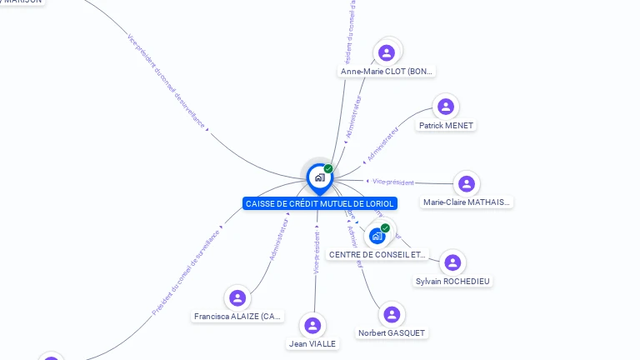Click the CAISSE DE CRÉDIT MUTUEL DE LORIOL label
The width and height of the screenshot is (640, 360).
point(320,203)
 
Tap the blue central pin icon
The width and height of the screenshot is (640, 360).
point(319,177)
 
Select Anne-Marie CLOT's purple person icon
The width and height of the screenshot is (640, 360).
point(386,52)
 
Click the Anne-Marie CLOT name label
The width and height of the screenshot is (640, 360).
point(387,72)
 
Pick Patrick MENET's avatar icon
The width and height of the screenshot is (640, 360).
point(446,107)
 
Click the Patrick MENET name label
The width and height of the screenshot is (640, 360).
point(446,126)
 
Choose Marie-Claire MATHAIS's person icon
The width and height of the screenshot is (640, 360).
point(467,183)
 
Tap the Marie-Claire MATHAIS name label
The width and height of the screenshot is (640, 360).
point(467,202)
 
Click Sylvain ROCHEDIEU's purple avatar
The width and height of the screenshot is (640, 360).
point(452,262)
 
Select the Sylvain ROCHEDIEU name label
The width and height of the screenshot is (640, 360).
point(453,282)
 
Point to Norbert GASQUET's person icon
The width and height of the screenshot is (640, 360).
point(392,314)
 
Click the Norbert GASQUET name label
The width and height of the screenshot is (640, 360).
point(392,333)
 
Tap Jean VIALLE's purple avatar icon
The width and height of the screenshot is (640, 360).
point(312,325)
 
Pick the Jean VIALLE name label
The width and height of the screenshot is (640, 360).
point(313,343)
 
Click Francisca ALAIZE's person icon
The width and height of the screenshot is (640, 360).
point(237,297)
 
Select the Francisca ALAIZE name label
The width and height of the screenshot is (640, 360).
point(238,317)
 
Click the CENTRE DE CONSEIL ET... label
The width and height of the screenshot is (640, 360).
point(377,255)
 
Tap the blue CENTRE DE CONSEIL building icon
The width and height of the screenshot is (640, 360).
point(377,236)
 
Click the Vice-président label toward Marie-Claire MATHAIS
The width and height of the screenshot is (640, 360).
point(393,182)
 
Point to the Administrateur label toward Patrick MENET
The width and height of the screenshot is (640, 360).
point(382,144)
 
